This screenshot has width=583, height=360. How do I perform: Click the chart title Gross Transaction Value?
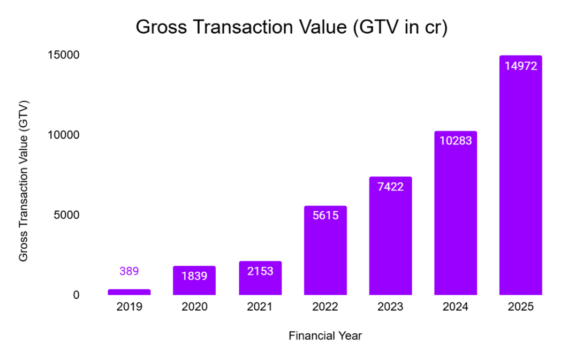point(291,27)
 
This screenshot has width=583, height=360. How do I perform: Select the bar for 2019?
point(129,292)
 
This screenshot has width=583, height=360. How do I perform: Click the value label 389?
point(129,271)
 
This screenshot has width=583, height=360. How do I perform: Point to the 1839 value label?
point(194,276)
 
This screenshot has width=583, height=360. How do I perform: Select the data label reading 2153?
point(260,271)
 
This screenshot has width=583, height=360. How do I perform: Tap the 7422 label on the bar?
point(390,187)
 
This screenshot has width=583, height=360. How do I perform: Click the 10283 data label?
point(456,141)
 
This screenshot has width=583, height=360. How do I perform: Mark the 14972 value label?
point(520,66)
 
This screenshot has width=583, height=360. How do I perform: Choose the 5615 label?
point(325,216)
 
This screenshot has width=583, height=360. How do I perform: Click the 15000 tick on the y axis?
point(64,55)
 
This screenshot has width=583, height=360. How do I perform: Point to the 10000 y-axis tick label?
point(64,135)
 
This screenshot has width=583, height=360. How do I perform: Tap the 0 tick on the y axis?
point(76,295)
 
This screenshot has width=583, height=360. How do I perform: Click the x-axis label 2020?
point(194,307)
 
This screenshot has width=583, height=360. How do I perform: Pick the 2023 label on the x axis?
point(390,307)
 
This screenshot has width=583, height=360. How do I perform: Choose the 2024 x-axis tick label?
point(456,307)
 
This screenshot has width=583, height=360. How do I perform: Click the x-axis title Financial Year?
point(325,336)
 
